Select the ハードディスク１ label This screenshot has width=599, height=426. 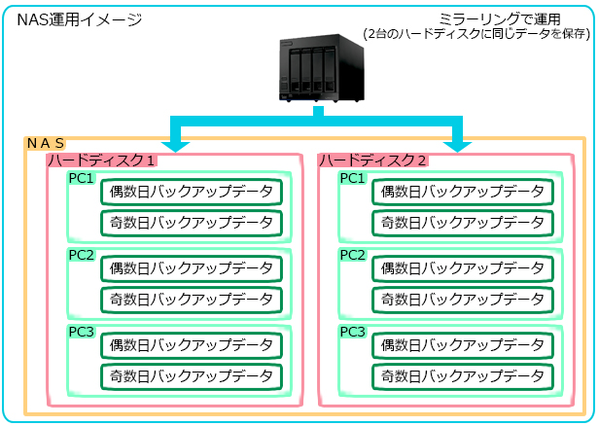coord(102,159)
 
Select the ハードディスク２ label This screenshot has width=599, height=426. coord(373,159)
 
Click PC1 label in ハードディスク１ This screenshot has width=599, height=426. coord(81,178)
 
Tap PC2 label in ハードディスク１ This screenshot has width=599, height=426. coord(81,255)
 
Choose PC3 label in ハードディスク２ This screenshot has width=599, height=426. coord(352,332)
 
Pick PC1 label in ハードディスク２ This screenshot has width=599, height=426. coord(352,178)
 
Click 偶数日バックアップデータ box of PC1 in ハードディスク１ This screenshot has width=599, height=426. coord(191,192)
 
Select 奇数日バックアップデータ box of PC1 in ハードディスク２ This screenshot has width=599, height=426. coord(462,223)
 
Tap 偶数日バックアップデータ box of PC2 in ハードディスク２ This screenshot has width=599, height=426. coord(462,268)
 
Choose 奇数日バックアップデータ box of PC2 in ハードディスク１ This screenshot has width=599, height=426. coord(191,300)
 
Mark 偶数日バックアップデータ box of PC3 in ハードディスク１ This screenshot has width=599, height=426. coord(191,345)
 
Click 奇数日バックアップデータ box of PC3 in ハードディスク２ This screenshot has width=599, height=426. coord(462,376)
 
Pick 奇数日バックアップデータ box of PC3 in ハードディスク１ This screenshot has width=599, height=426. coord(191,376)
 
